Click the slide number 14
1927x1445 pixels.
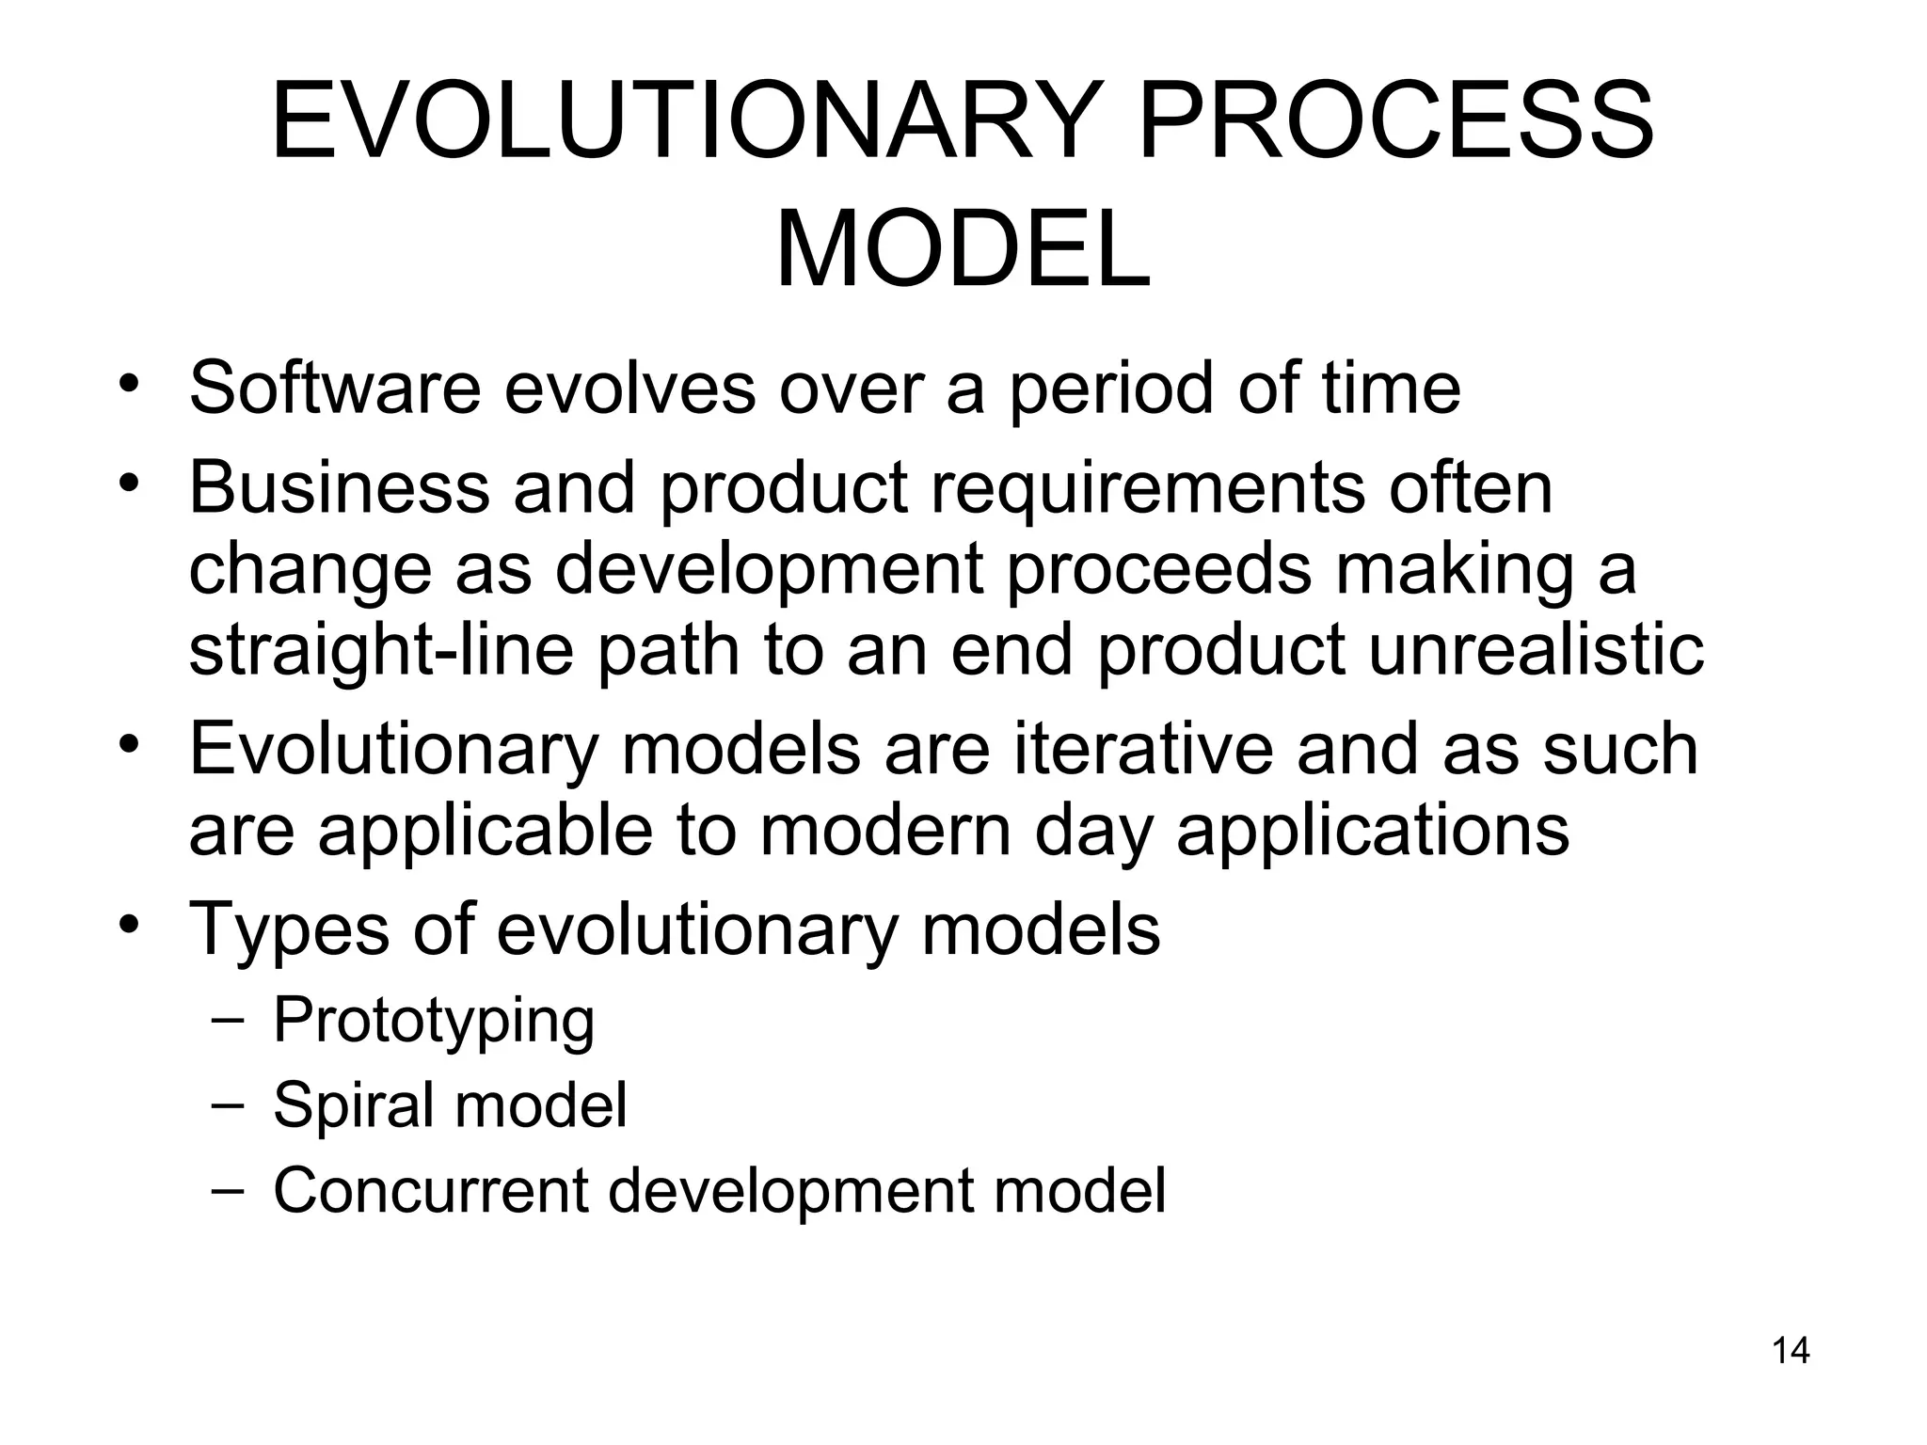[x=1791, y=1351]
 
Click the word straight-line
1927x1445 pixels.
[x=380, y=652]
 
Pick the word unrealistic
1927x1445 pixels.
[x=1536, y=650]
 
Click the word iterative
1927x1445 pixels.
[x=1142, y=749]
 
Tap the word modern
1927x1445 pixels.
[x=884, y=830]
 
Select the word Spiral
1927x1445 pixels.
[x=353, y=1106]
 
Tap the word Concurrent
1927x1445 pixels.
[x=431, y=1191]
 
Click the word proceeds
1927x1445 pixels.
[x=1158, y=571]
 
